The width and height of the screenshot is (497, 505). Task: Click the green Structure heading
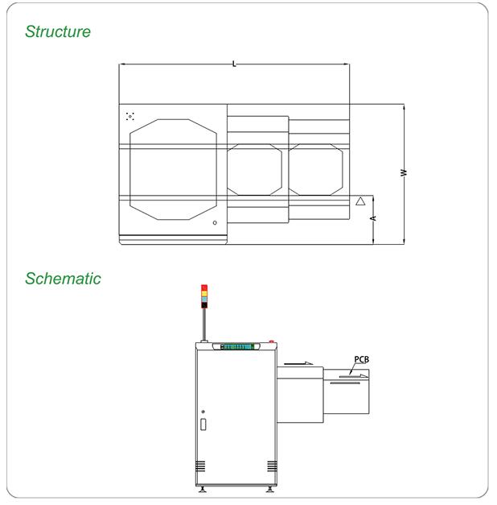[x=58, y=31]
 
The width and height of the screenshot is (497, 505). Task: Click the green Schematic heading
[x=63, y=279]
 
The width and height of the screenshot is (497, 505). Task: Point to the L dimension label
[x=234, y=64]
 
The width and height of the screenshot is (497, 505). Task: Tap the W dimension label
[x=404, y=172]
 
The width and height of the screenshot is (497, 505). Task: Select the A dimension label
[x=373, y=218]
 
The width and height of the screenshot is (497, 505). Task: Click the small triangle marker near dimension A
[x=360, y=201]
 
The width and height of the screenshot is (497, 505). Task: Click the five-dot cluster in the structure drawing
[x=130, y=117]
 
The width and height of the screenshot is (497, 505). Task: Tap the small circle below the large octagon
[x=215, y=222]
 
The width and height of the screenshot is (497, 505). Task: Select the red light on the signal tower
[x=204, y=288]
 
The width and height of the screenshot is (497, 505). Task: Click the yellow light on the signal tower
[x=204, y=294]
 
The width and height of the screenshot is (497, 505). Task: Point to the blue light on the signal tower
[x=204, y=300]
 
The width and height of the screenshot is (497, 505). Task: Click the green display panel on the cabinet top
[x=237, y=346]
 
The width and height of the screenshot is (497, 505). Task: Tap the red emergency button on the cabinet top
[x=271, y=341]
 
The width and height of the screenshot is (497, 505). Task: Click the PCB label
[x=362, y=359]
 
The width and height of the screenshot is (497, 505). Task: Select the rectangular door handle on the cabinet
[x=203, y=424]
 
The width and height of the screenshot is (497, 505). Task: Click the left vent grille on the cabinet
[x=200, y=466]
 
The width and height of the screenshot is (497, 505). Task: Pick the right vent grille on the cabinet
[x=272, y=466]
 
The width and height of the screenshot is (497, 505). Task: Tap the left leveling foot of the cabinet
[x=203, y=489]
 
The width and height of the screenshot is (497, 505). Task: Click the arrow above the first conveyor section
[x=298, y=363]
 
